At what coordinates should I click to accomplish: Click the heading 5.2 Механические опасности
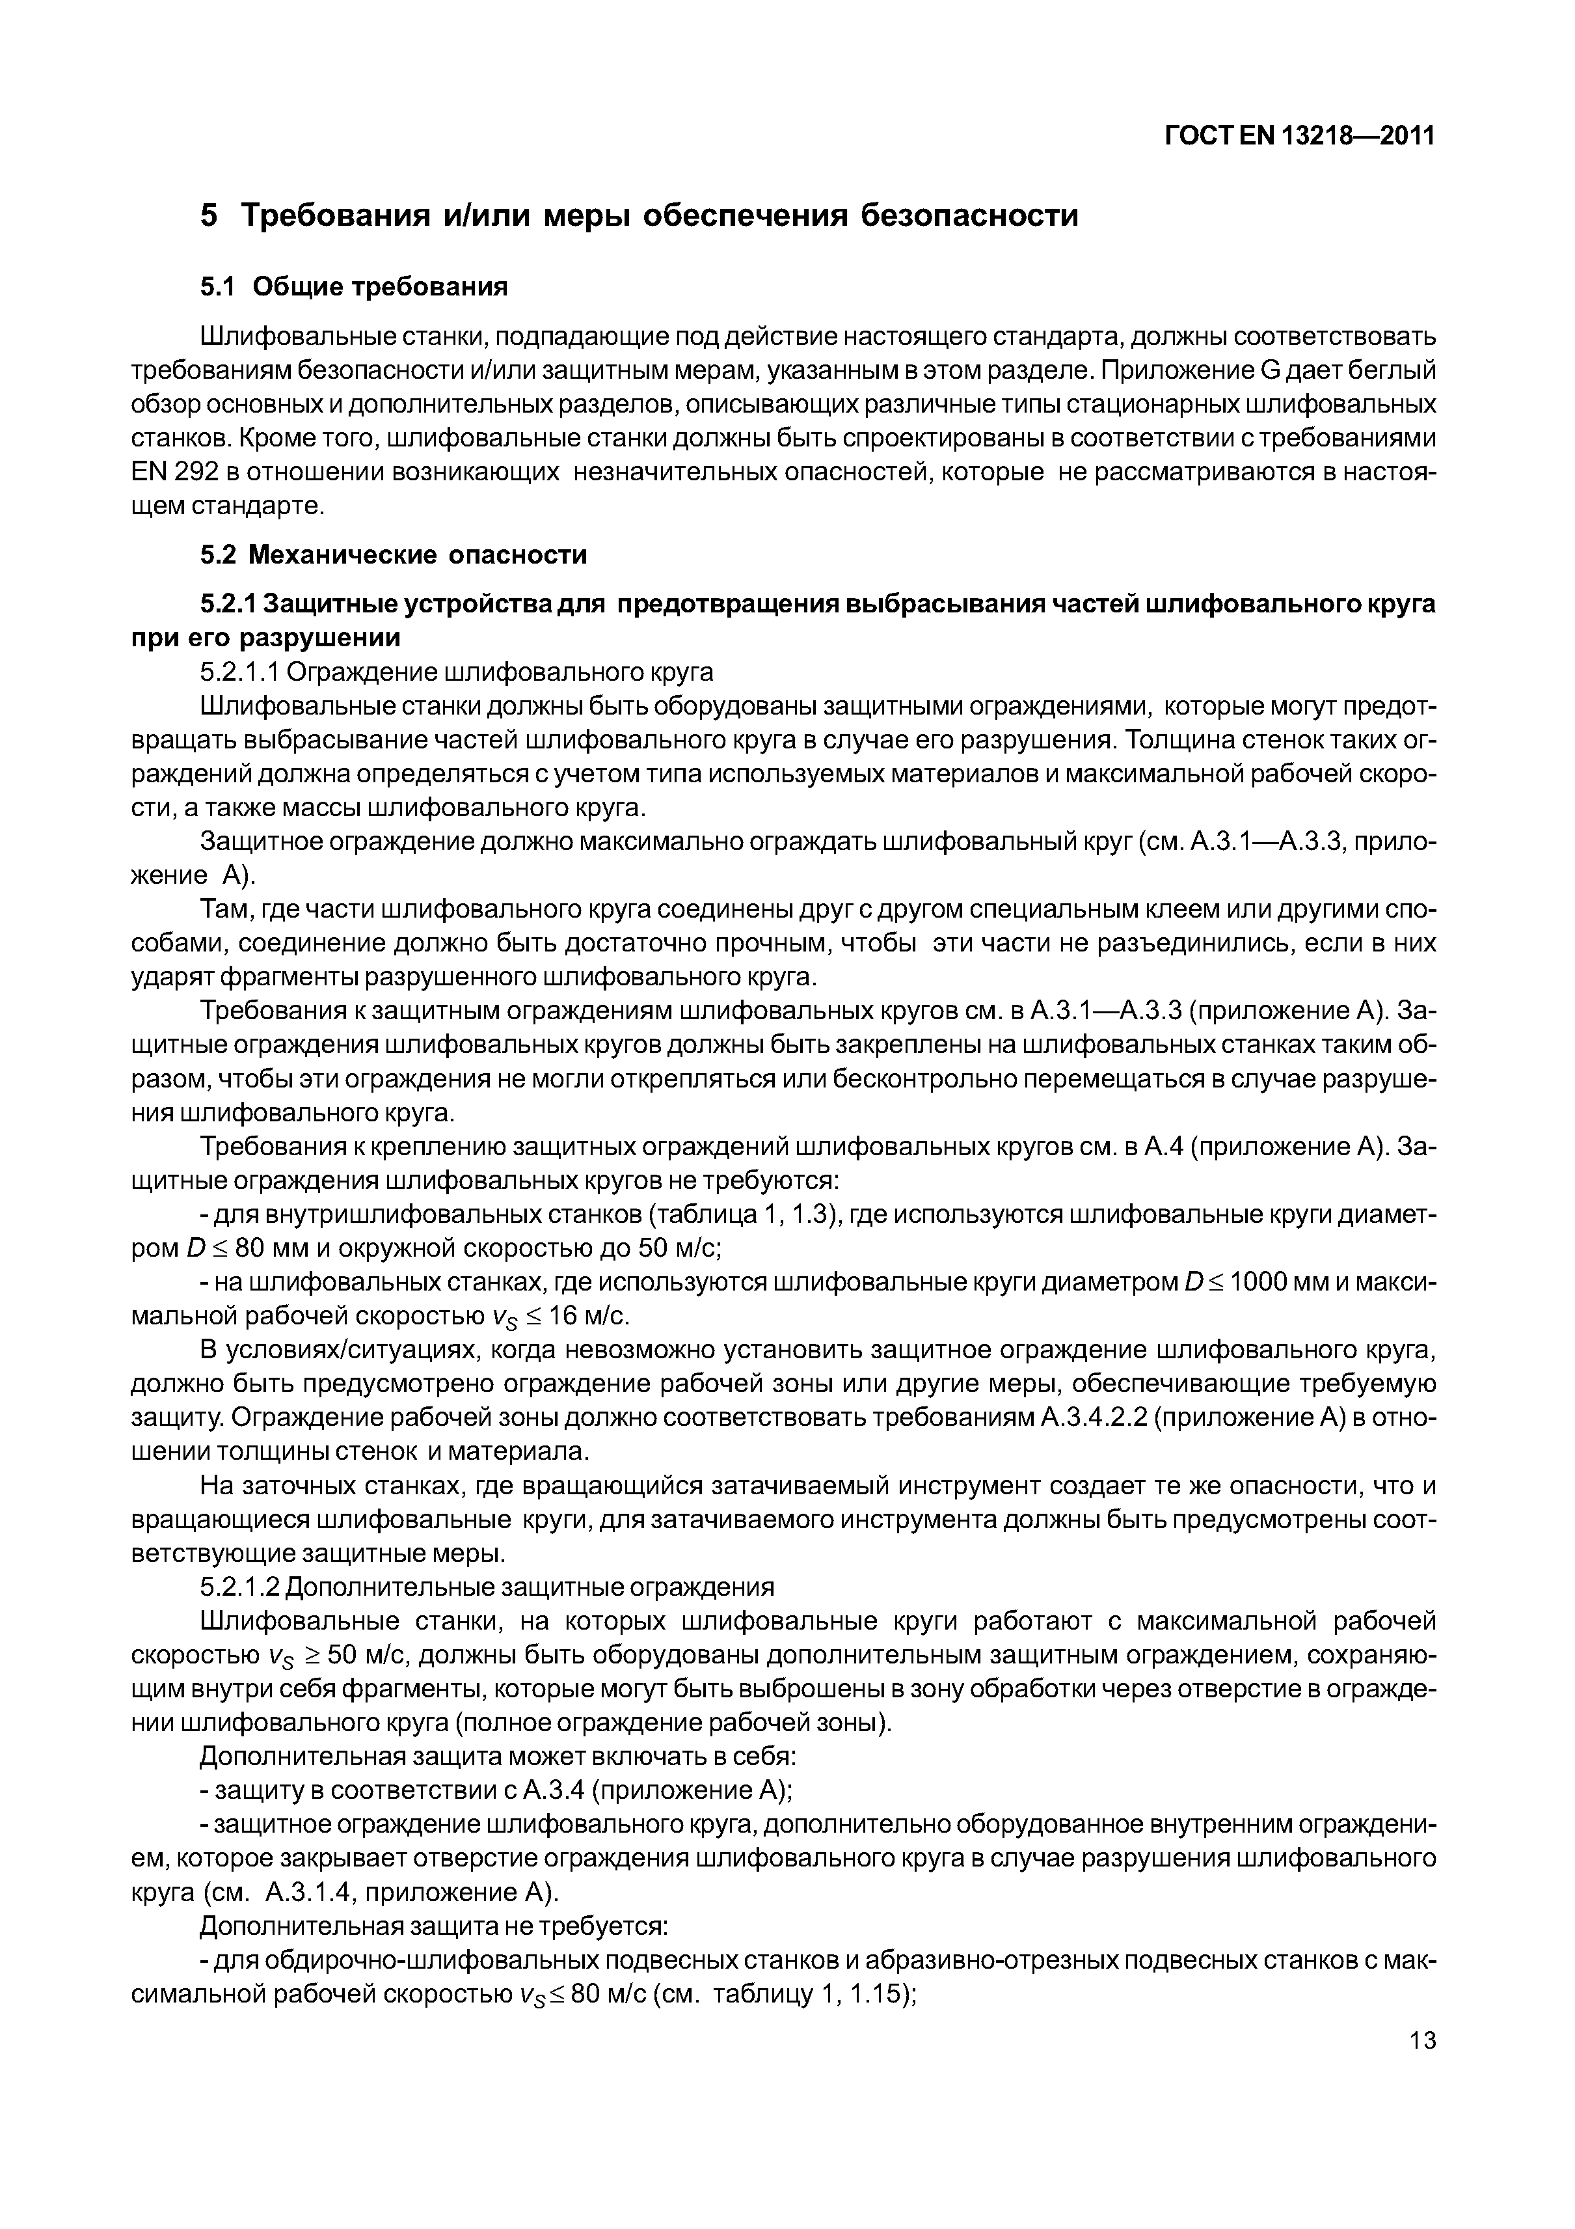[x=393, y=554]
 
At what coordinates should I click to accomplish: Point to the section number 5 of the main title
[x=209, y=215]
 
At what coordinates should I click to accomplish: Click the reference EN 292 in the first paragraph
[x=165, y=472]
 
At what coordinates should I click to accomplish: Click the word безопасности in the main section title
[x=971, y=215]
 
